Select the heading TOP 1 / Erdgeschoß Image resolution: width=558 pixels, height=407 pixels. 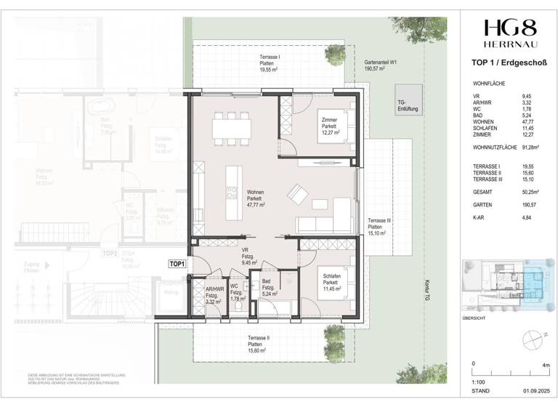click(x=509, y=63)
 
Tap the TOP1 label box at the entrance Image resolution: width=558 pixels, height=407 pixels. click(x=177, y=265)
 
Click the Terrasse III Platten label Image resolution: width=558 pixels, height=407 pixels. click(x=380, y=227)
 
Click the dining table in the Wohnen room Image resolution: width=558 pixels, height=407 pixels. click(x=232, y=128)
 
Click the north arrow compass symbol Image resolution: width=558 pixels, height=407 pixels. click(x=537, y=335)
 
